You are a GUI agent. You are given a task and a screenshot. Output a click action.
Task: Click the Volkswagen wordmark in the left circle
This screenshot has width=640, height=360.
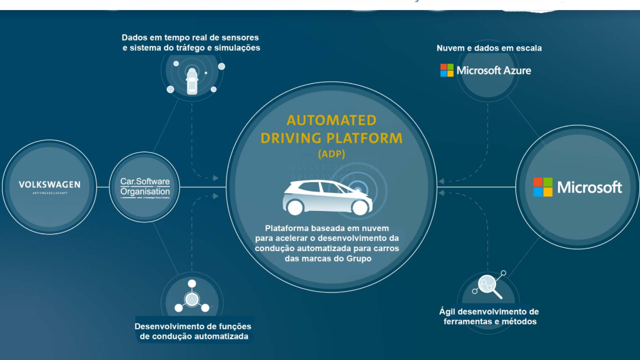(x=49, y=185)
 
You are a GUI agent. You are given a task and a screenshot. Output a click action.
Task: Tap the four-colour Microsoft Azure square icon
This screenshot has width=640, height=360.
(x=447, y=70)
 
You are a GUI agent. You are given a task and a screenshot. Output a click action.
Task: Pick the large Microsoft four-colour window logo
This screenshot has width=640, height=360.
(x=543, y=187)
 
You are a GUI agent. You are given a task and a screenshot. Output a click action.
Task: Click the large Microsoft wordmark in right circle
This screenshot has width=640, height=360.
(x=589, y=187)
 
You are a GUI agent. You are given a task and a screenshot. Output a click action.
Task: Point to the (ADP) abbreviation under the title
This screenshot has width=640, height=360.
(x=331, y=153)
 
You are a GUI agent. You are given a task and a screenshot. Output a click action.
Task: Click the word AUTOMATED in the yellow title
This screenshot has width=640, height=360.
(x=332, y=120)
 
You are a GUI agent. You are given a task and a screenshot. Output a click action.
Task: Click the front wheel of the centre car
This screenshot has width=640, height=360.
(x=359, y=207)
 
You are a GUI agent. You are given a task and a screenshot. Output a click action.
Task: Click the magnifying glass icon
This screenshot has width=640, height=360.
(x=488, y=286)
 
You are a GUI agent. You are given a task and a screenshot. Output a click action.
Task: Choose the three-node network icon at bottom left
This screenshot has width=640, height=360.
(x=191, y=296)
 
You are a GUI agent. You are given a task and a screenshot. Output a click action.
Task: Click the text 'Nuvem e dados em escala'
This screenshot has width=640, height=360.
(x=489, y=48)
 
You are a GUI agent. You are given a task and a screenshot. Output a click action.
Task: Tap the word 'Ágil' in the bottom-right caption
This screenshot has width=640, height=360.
(x=447, y=311)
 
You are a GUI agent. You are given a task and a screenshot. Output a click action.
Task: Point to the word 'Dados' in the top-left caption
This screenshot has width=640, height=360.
(x=135, y=38)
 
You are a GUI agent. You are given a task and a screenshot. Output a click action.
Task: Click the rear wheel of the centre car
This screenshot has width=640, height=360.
(x=296, y=206)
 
